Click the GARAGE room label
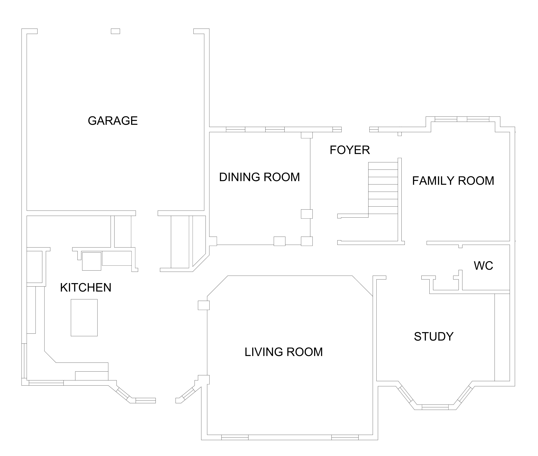pos(113,121)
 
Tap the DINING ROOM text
pos(259,177)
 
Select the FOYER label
pos(350,150)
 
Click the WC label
pos(483,266)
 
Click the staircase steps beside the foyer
pos(383,188)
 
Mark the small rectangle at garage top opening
pos(115,31)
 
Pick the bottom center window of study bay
pos(435,407)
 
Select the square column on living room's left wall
pos(204,305)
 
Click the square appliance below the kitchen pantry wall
pos(91,261)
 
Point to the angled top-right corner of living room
pos(362,286)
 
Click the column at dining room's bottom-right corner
pos(307,241)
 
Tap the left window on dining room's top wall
pos(235,129)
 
